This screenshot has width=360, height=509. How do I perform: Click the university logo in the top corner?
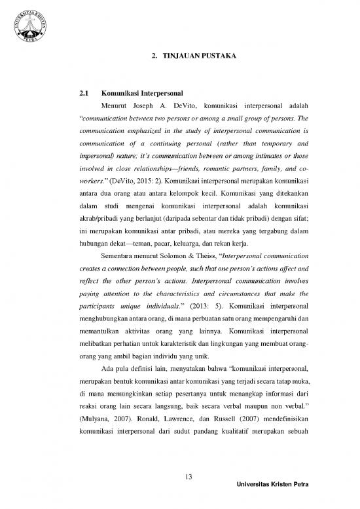pyautogui.click(x=28, y=28)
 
